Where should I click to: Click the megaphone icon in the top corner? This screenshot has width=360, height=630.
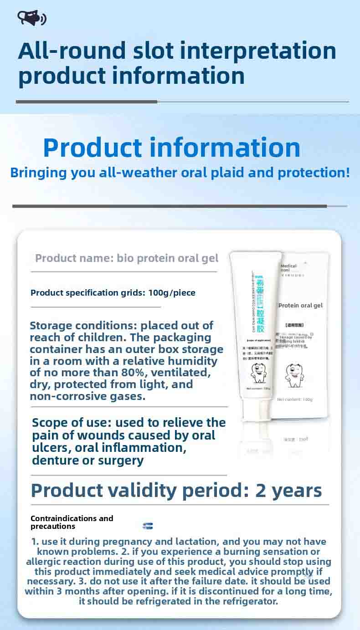(31, 18)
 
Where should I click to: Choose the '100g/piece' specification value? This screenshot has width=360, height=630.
(172, 292)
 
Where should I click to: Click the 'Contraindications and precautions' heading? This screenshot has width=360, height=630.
(72, 522)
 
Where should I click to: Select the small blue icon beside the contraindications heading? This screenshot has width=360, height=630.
(148, 526)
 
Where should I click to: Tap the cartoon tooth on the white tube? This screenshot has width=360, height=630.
(258, 373)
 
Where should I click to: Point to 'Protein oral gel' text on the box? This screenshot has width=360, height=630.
(300, 305)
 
